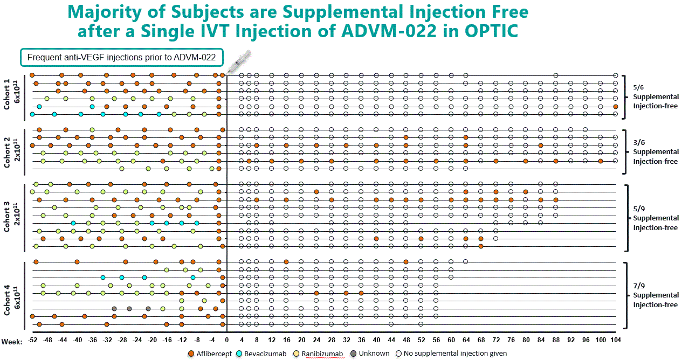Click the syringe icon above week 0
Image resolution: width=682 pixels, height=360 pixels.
click(x=239, y=60)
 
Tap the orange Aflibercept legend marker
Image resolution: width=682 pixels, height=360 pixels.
click(x=191, y=354)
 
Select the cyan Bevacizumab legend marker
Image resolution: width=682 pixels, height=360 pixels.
click(x=239, y=354)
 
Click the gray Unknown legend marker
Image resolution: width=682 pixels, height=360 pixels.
click(x=353, y=354)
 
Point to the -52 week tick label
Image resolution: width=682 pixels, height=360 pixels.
click(x=32, y=341)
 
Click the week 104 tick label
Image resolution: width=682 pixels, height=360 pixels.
click(x=615, y=341)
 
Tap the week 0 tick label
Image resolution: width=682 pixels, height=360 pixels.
click(x=227, y=341)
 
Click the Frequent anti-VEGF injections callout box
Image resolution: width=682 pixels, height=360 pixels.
click(x=121, y=57)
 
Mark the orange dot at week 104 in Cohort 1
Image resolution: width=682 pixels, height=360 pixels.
click(x=615, y=107)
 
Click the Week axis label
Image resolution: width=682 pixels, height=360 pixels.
click(x=11, y=342)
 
